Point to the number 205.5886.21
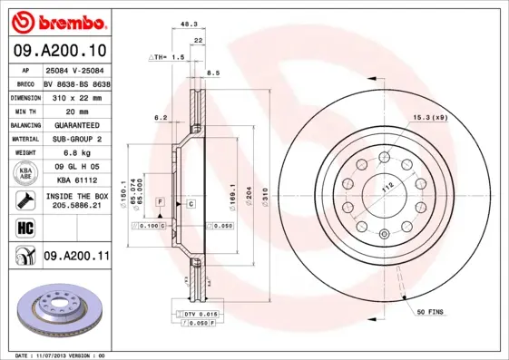76,206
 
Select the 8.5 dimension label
213,72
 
